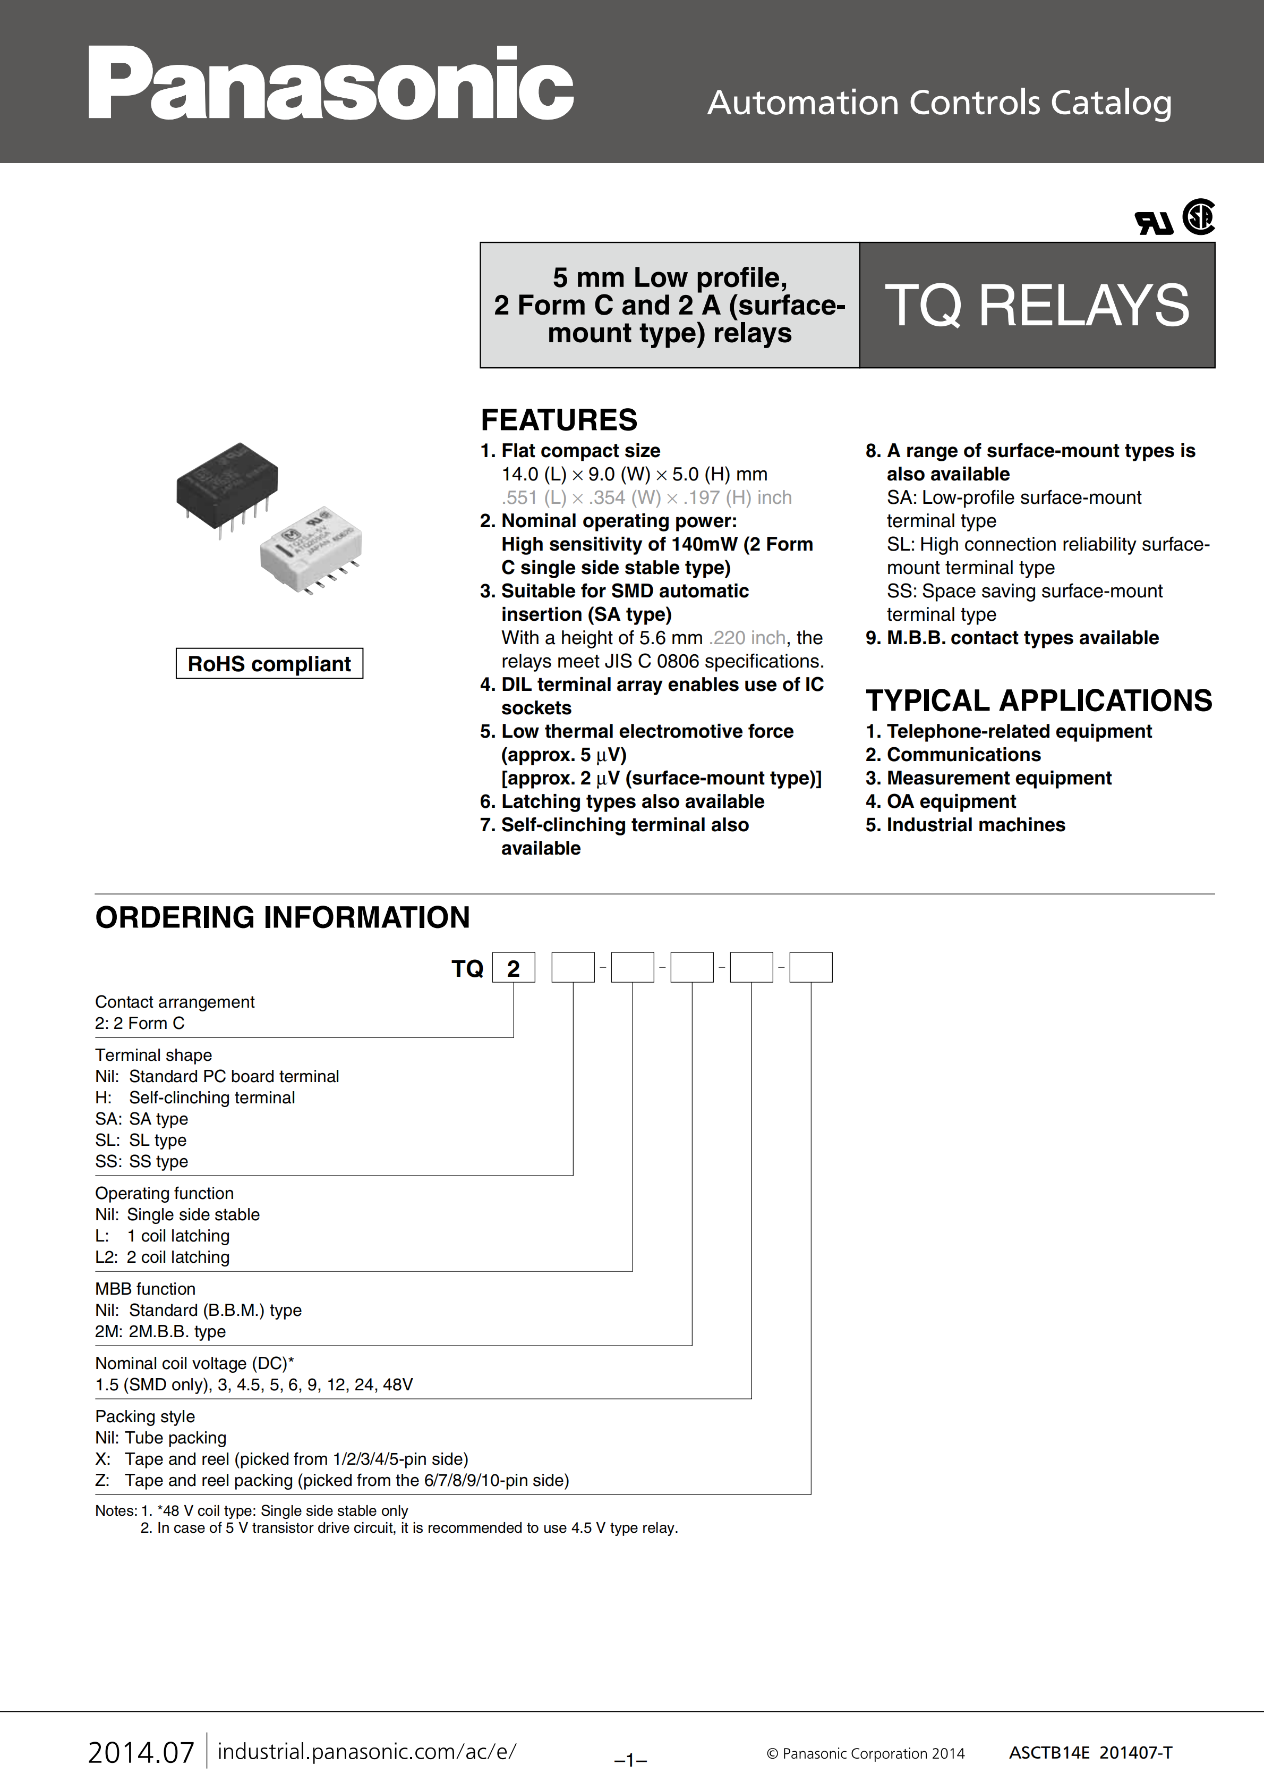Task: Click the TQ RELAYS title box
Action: (x=1037, y=305)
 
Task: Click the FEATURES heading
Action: (x=559, y=420)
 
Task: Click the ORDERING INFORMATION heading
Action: (x=282, y=918)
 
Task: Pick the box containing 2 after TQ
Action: (x=513, y=968)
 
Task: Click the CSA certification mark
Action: (x=1199, y=217)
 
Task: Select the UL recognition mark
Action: (x=1154, y=224)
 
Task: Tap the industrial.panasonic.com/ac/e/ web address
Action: (x=366, y=1751)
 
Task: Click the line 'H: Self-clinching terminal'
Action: (x=195, y=1097)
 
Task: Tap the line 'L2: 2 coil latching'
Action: (x=162, y=1257)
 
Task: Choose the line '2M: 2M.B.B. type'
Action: (x=160, y=1331)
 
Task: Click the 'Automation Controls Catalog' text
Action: (x=939, y=103)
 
